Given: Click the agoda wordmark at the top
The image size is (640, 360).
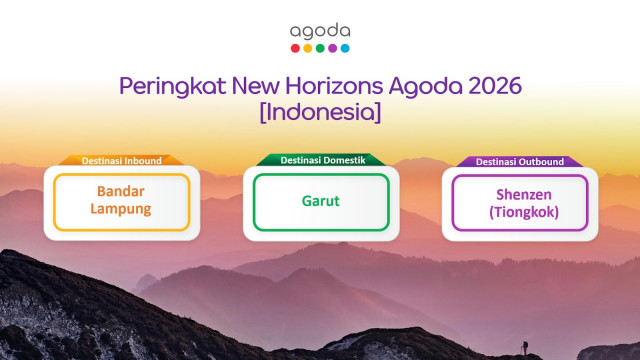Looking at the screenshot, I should pyautogui.click(x=320, y=31).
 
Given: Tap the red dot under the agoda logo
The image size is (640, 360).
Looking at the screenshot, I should pyautogui.click(x=295, y=47).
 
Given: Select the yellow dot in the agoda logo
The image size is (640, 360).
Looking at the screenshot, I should pyautogui.click(x=308, y=47).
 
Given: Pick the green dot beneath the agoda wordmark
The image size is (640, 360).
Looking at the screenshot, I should pyautogui.click(x=320, y=47).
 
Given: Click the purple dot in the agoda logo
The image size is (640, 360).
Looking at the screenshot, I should pyautogui.click(x=332, y=47).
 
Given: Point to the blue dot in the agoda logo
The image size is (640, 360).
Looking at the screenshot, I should pyautogui.click(x=345, y=47).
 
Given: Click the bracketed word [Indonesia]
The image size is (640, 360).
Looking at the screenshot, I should pyautogui.click(x=320, y=112).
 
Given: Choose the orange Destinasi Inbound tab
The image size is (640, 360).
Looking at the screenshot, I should pyautogui.click(x=120, y=160).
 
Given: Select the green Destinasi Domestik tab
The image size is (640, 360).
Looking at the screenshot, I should pyautogui.click(x=320, y=160).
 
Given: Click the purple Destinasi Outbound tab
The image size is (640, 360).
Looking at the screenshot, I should pyautogui.click(x=519, y=160).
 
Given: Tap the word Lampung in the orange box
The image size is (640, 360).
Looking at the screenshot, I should pyautogui.click(x=121, y=211).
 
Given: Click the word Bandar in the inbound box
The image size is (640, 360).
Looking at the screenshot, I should pyautogui.click(x=121, y=191).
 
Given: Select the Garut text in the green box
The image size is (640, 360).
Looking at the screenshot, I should pyautogui.click(x=320, y=201).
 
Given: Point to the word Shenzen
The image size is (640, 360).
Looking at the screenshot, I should pyautogui.click(x=520, y=192).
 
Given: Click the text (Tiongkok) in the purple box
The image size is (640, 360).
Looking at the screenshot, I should pyautogui.click(x=520, y=211).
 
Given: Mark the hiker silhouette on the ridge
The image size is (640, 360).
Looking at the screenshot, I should pyautogui.click(x=523, y=347).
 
